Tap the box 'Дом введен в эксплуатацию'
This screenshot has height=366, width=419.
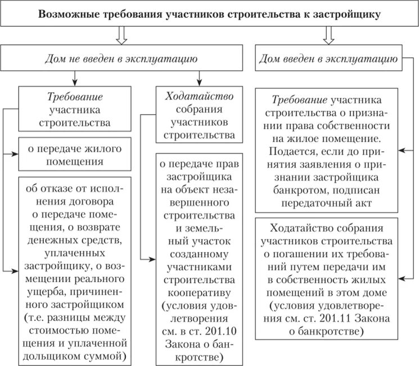[328, 57]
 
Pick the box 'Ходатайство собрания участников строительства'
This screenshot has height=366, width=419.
[199, 113]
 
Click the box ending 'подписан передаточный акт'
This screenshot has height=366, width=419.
[328, 151]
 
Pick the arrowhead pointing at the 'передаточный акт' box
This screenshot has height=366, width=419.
[403, 151]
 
